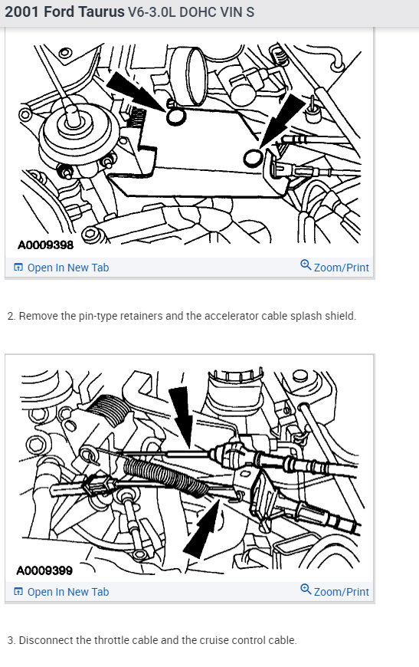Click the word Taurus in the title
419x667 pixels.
100,13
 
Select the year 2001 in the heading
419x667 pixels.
22,13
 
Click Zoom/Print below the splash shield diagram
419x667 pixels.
341,268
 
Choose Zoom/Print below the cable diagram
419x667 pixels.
341,592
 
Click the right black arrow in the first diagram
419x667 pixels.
284,120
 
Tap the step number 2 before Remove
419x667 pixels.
11,316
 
